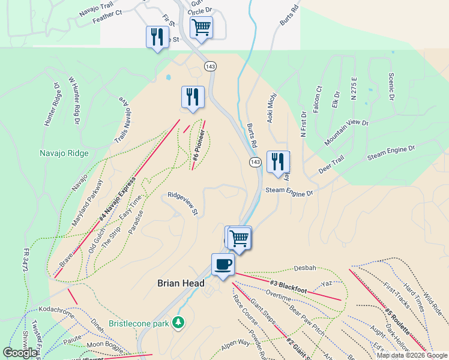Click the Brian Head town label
(181, 283)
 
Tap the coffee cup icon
(223, 264)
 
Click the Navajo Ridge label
(65, 153)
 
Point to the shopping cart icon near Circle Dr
(201, 26)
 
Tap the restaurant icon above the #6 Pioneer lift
(193, 97)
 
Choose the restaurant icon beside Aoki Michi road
(278, 161)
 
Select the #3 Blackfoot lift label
(289, 286)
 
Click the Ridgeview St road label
(182, 203)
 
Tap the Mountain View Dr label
(346, 132)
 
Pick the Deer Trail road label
(331, 166)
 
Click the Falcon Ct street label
(318, 97)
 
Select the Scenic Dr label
(391, 86)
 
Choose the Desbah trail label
(304, 268)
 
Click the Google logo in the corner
(20, 353)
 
